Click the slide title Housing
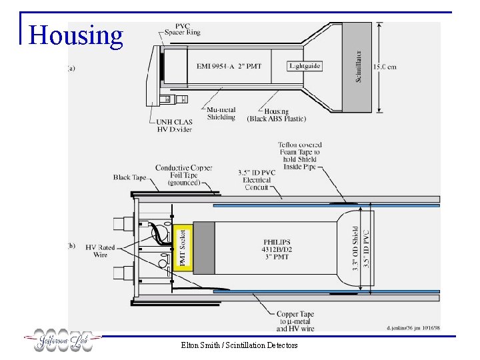(76, 35)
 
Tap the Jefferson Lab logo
(63, 341)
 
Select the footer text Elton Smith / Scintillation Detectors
(239, 345)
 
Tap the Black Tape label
(131, 177)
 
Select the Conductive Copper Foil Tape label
(183, 175)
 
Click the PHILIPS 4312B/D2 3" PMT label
(277, 249)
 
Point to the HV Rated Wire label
(101, 251)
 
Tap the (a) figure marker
(71, 68)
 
